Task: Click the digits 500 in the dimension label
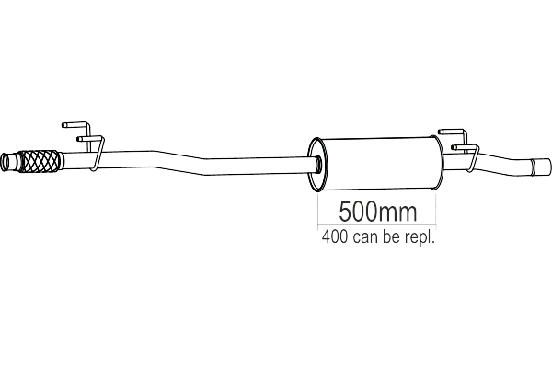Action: pos(357,214)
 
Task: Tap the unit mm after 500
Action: pos(397,214)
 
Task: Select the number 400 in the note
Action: pos(335,236)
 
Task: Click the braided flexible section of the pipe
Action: pos(41,163)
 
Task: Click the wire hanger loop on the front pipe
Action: pos(95,147)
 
